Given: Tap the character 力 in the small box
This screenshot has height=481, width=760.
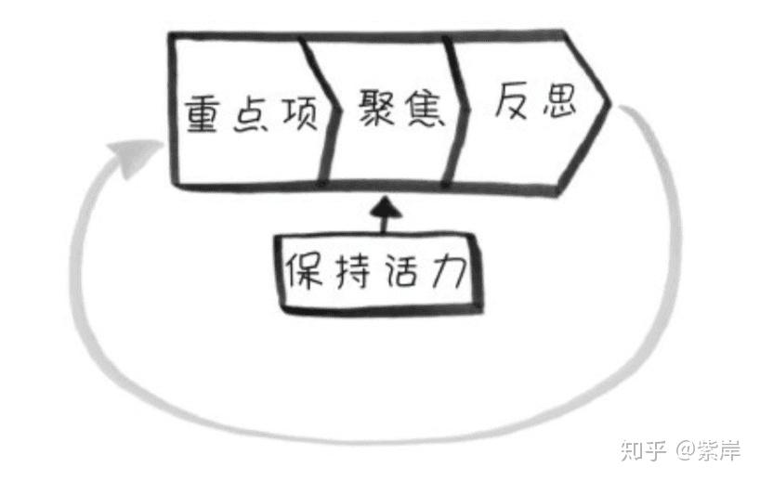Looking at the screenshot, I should click(x=448, y=271).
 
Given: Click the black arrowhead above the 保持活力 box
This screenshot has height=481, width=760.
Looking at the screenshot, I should click(x=382, y=210).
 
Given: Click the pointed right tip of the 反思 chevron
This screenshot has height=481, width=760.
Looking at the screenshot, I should click(x=608, y=102).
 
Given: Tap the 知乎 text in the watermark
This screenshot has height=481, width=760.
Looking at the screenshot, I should click(x=641, y=451).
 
